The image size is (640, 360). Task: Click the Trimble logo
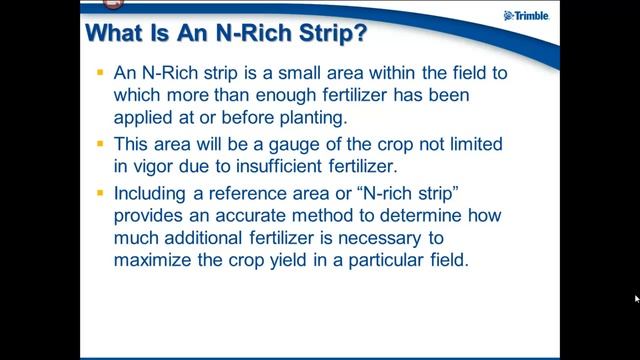coord(527,16)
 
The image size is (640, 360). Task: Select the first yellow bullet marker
coord(100,73)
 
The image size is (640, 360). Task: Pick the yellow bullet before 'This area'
coord(100,144)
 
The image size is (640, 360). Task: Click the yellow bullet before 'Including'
coord(100,193)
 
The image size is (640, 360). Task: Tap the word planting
coord(313,118)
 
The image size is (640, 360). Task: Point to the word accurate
coord(249,216)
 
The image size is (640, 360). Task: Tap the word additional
coord(203,238)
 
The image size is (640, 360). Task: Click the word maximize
coord(152,260)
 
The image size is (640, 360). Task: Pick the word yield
coord(288,260)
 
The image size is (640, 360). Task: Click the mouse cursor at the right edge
coord(637,299)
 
